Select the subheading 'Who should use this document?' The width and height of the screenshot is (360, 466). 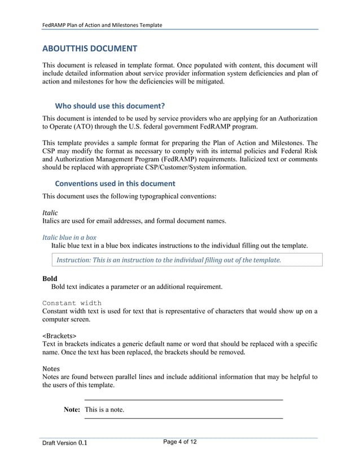(x=109, y=105)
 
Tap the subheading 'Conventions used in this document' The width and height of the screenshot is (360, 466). (x=115, y=183)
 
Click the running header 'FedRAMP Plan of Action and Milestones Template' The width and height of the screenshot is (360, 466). (x=103, y=25)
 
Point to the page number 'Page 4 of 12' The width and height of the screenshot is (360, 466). (x=180, y=441)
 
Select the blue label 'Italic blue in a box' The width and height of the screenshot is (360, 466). (x=69, y=238)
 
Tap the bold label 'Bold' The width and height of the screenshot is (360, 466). (x=50, y=279)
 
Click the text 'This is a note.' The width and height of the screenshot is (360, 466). (x=104, y=410)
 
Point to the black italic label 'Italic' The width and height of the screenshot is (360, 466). (x=50, y=213)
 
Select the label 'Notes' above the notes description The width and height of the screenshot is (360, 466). (x=51, y=368)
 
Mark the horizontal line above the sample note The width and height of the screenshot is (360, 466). (x=183, y=400)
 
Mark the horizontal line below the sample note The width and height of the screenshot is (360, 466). (x=183, y=419)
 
